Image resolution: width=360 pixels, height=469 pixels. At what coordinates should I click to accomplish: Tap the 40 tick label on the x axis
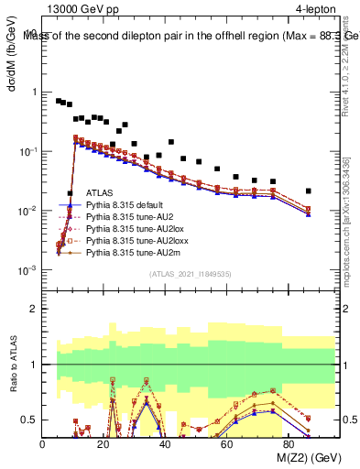point(166,444)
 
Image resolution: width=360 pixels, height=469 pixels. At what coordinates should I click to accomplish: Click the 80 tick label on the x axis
point(289,444)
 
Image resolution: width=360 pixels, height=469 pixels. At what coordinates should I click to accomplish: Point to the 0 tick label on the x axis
point(43,444)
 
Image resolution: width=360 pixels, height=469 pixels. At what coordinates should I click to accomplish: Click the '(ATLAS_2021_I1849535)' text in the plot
point(190,274)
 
